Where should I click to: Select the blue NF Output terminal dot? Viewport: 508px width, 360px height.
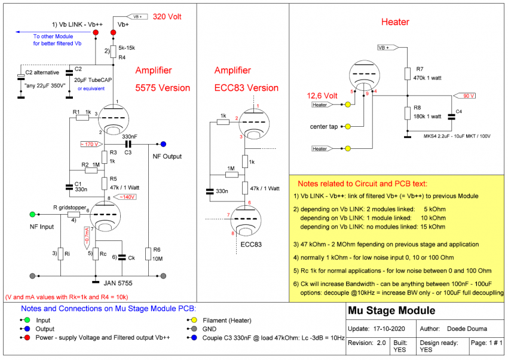click(x=163, y=144)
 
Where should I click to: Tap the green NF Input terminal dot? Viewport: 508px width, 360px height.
click(x=32, y=213)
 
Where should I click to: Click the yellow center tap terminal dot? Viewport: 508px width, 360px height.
click(x=348, y=126)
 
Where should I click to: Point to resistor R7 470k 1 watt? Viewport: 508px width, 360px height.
click(x=407, y=74)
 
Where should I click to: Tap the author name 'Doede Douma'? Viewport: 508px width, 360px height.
click(x=466, y=329)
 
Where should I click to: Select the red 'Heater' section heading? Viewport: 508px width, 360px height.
click(x=395, y=22)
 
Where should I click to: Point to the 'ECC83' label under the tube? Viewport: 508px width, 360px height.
click(x=252, y=244)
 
